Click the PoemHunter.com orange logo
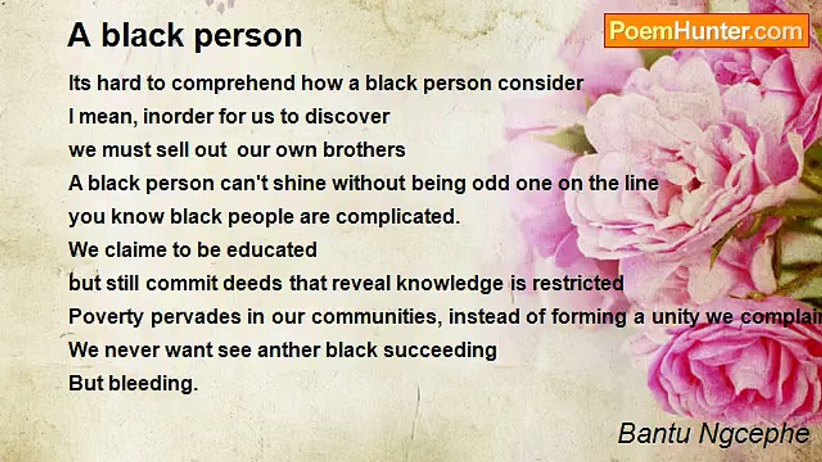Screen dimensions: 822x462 point(706,31)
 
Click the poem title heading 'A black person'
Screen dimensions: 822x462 point(185,35)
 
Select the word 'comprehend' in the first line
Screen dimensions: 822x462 point(233,83)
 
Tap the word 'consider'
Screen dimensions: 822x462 point(540,83)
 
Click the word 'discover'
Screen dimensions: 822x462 point(347,117)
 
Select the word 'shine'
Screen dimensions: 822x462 point(299,184)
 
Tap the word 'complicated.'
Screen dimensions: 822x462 point(398,217)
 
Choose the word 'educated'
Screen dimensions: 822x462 point(272,250)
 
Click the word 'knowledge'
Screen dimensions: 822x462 point(450,284)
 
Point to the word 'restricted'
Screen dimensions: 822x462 point(578,284)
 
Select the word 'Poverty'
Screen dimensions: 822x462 point(106,318)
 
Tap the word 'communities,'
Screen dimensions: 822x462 point(377,318)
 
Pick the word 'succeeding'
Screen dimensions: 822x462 point(440,351)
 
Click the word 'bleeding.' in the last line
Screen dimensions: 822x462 point(153,384)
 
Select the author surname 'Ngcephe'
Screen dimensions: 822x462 point(754,434)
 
